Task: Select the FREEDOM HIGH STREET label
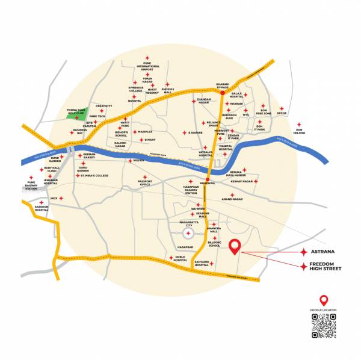click(x=325, y=265)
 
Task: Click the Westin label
click(x=138, y=161)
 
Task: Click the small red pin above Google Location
click(x=323, y=300)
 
